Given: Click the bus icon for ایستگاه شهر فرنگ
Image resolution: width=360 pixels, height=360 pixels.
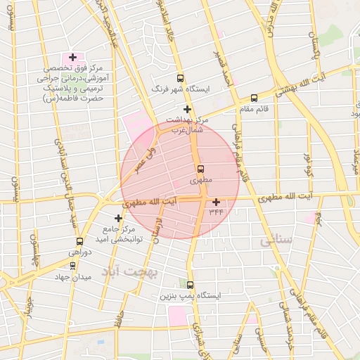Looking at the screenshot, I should [181, 79].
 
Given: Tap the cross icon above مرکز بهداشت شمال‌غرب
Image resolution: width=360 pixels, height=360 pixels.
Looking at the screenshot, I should [187, 109].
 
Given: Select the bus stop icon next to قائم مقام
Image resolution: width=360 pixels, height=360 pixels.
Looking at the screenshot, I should [254, 98].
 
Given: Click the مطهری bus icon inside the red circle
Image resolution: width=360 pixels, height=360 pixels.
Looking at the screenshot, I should [200, 169].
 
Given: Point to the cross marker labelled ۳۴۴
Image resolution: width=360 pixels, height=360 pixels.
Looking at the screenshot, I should [216, 202].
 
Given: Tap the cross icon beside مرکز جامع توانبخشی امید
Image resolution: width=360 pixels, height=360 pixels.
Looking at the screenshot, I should [118, 218].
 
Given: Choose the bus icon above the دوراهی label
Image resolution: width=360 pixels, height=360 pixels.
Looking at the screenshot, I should [79, 241].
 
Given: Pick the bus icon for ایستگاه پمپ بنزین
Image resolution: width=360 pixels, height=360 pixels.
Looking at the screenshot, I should [191, 284].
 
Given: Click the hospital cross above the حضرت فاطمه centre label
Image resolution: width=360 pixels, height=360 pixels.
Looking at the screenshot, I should [72, 56].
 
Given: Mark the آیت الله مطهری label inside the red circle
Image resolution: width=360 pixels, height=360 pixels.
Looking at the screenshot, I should [150, 202].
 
